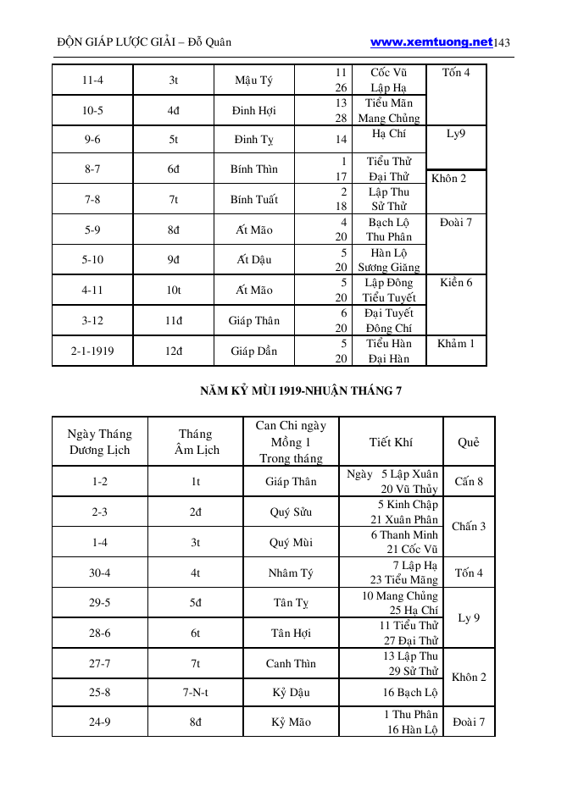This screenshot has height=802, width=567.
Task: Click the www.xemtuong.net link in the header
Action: coord(431,41)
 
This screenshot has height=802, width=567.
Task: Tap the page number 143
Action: coord(502,42)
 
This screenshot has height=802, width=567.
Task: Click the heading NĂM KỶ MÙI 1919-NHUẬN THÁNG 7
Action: coord(301,391)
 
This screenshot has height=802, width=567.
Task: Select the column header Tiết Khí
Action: coord(391,442)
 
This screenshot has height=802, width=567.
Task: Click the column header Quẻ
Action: coord(468,442)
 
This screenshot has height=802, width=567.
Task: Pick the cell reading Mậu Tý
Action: coord(254,81)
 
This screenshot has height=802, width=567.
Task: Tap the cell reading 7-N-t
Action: coord(195,693)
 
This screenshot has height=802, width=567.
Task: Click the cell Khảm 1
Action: coord(456,344)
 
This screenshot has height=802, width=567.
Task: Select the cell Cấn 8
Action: coord(469,482)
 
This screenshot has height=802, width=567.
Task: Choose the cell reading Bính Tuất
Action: coord(254,200)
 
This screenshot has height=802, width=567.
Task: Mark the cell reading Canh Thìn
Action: coord(291,664)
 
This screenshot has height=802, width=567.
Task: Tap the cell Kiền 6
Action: coord(456,283)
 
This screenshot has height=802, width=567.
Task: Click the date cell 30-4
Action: coord(99,573)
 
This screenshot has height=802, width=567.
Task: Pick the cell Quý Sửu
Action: coord(291,512)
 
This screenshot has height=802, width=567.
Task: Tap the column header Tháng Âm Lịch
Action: coord(196,442)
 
